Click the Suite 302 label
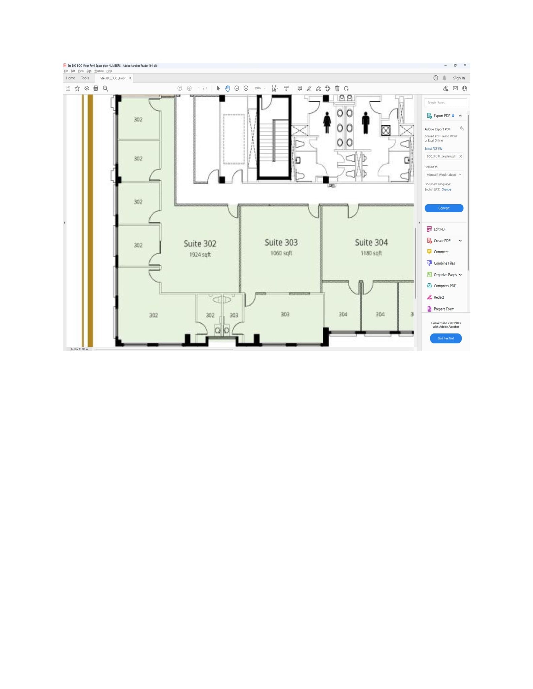pyautogui.click(x=200, y=244)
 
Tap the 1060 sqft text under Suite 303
pyautogui.click(x=281, y=253)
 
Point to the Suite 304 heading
pyautogui.click(x=371, y=242)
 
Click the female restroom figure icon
pyautogui.click(x=327, y=123)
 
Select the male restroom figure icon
pyautogui.click(x=365, y=123)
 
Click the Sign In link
pyautogui.click(x=459, y=78)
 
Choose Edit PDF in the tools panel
pyautogui.click(x=440, y=229)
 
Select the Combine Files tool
pyautogui.click(x=444, y=263)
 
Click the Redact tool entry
pyautogui.click(x=439, y=297)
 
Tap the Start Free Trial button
pyautogui.click(x=445, y=338)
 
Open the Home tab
pyautogui.click(x=70, y=78)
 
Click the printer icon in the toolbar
pyautogui.click(x=96, y=88)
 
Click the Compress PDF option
pyautogui.click(x=444, y=286)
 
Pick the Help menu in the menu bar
pyautogui.click(x=109, y=71)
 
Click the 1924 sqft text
pyautogui.click(x=200, y=255)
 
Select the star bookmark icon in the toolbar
pyautogui.click(x=77, y=88)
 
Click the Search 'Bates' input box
pyautogui.click(x=445, y=103)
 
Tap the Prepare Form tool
pyautogui.click(x=444, y=309)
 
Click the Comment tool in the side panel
pyautogui.click(x=441, y=252)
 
